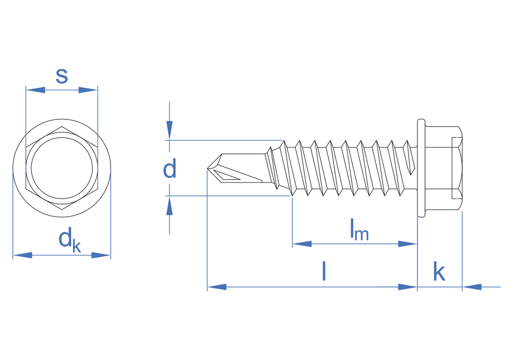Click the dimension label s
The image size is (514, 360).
pyautogui.click(x=62, y=76)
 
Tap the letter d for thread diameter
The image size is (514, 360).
pyautogui.click(x=170, y=169)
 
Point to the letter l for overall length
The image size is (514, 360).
pyautogui.click(x=324, y=271)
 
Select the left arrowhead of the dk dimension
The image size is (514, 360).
pyautogui.click(x=22, y=255)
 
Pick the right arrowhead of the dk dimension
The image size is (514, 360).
pyautogui.click(x=101, y=255)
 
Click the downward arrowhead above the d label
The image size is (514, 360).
pyautogui.click(x=170, y=131)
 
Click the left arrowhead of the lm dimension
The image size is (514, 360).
pyautogui.click(x=302, y=244)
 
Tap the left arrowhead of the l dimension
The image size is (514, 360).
pyautogui.click(x=216, y=287)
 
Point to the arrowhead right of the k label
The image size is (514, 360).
pyautogui.click(x=472, y=287)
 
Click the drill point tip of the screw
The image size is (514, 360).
pyautogui.click(x=208, y=168)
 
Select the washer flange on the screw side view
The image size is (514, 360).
pyautogui.click(x=421, y=168)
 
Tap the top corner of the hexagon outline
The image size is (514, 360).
pyautogui.click(x=62, y=127)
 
